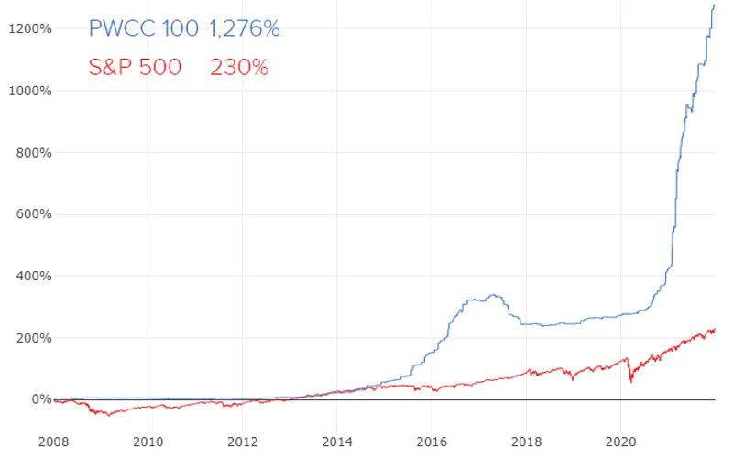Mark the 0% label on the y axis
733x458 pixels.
pyautogui.click(x=39, y=399)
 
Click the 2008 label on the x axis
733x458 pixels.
pyautogui.click(x=54, y=442)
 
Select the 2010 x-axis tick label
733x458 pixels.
pyautogui.click(x=148, y=442)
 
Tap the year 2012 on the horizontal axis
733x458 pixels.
pyautogui.click(x=243, y=442)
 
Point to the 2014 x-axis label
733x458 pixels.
pyautogui.click(x=337, y=442)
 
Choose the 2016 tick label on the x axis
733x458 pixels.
pyautogui.click(x=432, y=442)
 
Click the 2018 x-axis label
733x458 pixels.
pyautogui.click(x=526, y=442)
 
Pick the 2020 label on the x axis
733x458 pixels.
pyautogui.click(x=620, y=442)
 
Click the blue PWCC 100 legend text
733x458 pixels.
pyautogui.click(x=143, y=28)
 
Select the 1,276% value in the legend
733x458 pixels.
pyautogui.click(x=244, y=28)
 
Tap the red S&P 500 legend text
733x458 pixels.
pyautogui.click(x=136, y=67)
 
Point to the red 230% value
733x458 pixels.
pyautogui.click(x=239, y=67)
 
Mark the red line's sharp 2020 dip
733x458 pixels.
pyautogui.click(x=631, y=380)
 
